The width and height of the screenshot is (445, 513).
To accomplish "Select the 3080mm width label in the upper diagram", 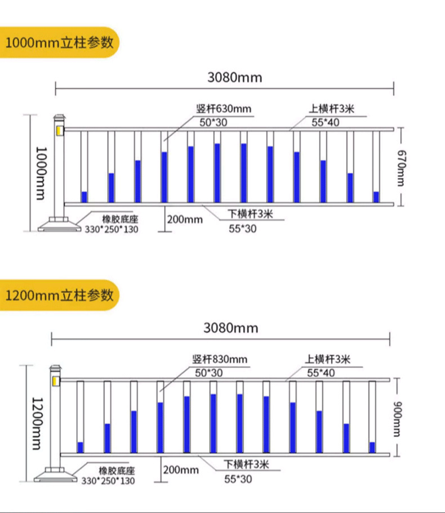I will tap(235, 77).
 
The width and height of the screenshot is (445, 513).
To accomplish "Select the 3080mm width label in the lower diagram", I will tap(231, 328).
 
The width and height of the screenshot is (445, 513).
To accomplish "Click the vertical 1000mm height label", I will tap(41, 173).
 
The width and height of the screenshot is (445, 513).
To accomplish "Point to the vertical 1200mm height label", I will tap(38, 423).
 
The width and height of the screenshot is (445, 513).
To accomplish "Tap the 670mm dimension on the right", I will tap(401, 167).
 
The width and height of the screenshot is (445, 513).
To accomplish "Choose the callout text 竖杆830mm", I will tap(220, 359).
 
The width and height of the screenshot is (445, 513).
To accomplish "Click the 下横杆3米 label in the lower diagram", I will tap(247, 465).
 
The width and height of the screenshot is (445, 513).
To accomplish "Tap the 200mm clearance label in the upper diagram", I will tap(185, 220).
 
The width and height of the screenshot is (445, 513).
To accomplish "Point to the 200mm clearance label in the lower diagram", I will tap(181, 470).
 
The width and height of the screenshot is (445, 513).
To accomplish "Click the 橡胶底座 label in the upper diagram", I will tap(119, 219).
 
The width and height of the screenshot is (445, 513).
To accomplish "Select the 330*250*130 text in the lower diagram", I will tap(108, 481).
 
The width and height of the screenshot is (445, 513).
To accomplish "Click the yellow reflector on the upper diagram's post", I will tap(59, 131).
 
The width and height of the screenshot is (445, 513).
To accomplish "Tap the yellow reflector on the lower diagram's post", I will tap(56, 382).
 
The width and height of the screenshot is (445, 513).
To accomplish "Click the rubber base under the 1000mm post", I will tap(59, 226).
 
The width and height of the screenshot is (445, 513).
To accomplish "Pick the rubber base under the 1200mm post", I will tap(55, 477).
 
